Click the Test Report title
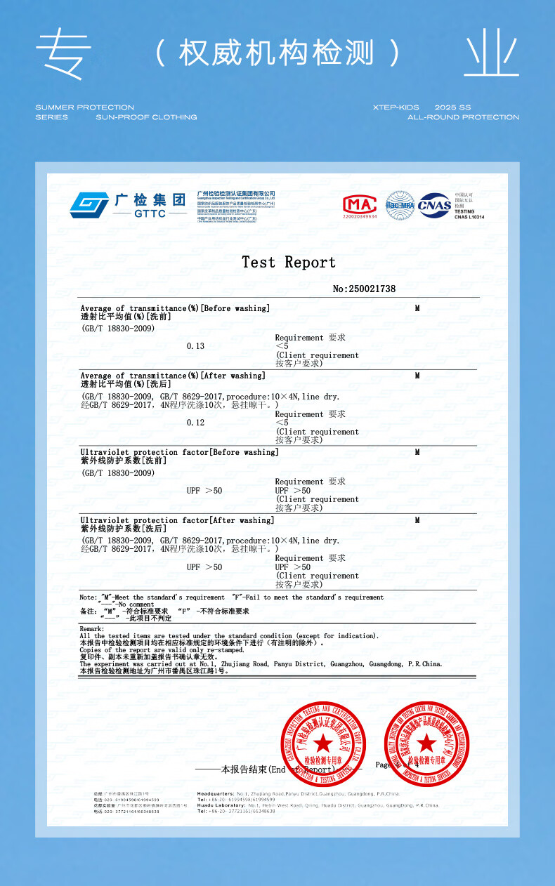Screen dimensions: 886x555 click(289, 263)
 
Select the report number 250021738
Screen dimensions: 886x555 click(364, 289)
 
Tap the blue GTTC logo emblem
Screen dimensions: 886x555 click(89, 205)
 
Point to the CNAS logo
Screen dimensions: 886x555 click(435, 205)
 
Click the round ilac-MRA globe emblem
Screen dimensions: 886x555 click(400, 204)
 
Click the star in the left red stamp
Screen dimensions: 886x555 click(323, 742)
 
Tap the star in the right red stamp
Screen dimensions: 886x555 click(426, 742)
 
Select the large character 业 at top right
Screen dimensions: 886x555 click(491, 53)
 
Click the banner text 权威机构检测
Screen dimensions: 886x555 click(277, 53)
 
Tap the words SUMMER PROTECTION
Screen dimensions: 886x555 click(84, 107)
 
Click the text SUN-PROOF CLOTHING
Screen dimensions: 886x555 click(146, 117)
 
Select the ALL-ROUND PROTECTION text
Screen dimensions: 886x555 click(463, 117)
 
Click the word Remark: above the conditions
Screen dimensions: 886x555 click(92, 629)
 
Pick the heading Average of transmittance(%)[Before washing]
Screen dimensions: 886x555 click(175, 308)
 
